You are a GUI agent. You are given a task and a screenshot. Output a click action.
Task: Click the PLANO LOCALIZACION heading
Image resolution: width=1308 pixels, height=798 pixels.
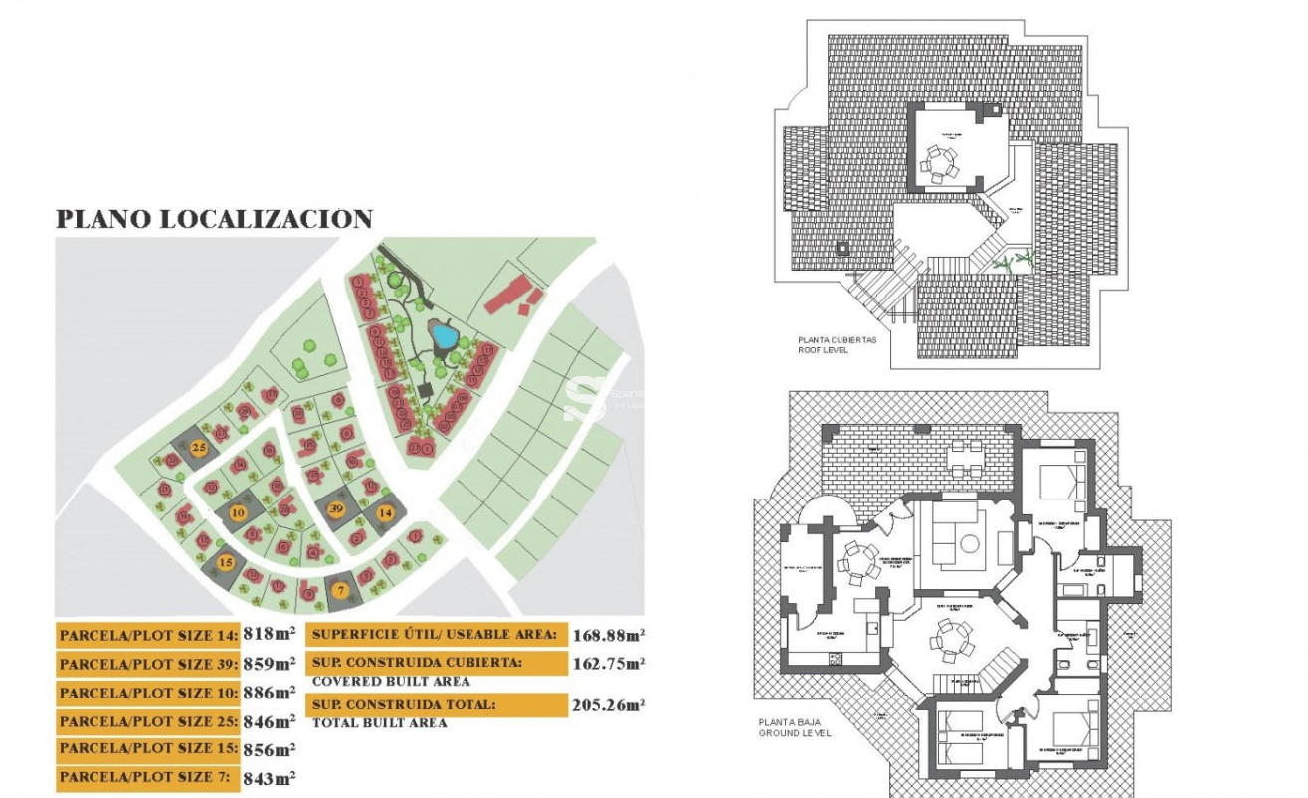(214, 219)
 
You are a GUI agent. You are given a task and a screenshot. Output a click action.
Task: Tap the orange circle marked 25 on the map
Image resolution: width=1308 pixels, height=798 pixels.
(199, 448)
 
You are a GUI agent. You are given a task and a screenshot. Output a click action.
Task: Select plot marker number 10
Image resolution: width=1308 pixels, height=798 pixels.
(237, 513)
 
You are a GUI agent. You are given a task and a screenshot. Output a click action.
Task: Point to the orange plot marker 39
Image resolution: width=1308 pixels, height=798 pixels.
(336, 508)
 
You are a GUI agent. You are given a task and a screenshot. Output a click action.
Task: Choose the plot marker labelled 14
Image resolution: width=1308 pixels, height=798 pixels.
(385, 512)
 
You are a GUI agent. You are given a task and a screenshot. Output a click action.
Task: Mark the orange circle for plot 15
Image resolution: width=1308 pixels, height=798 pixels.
(226, 562)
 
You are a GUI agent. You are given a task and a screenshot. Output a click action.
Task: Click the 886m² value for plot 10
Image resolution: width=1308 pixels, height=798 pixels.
(270, 692)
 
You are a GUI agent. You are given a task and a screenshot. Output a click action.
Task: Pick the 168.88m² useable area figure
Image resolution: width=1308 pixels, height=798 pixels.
(608, 634)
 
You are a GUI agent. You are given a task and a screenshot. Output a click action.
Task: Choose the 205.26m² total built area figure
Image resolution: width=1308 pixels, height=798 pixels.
(608, 705)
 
